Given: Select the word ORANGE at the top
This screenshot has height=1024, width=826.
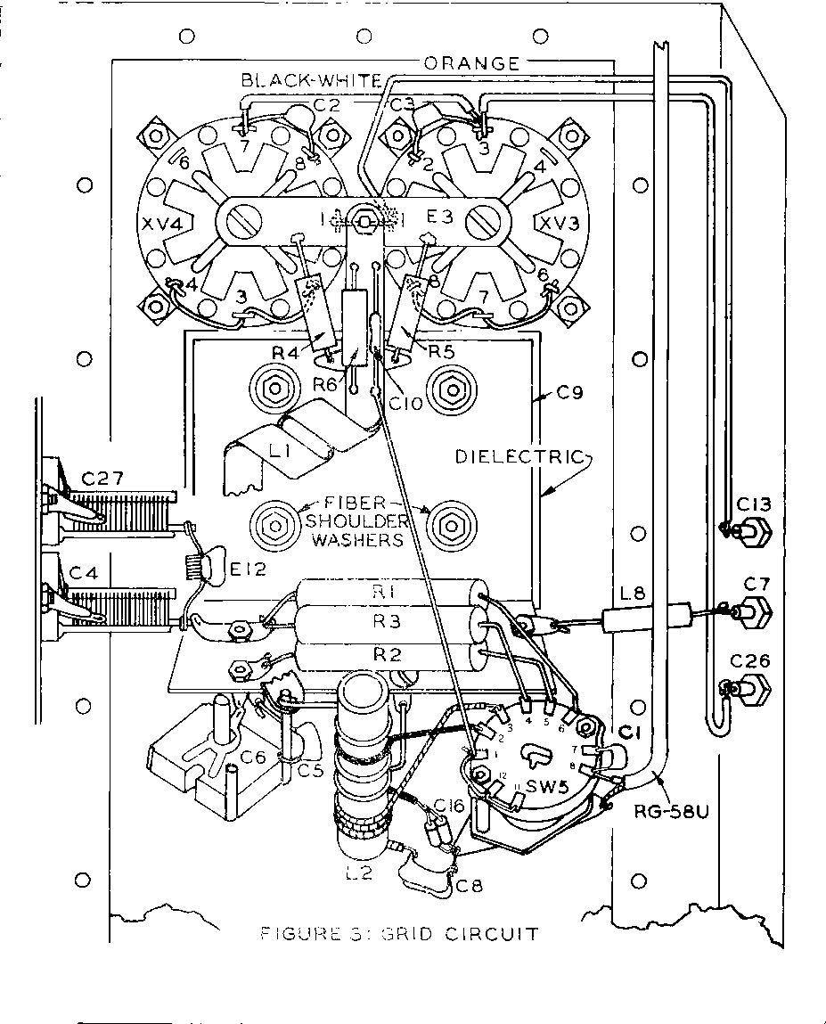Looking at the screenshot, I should coord(471,64).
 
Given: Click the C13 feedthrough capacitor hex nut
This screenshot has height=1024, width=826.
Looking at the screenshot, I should coord(753,535).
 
